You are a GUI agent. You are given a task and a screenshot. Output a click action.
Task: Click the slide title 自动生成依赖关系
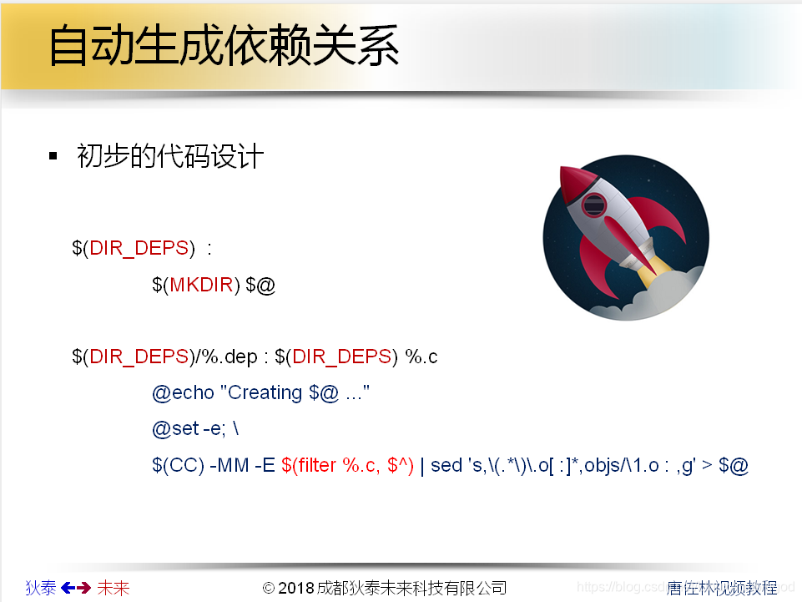tap(224, 47)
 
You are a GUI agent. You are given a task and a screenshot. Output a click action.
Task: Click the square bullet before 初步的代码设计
tap(53, 157)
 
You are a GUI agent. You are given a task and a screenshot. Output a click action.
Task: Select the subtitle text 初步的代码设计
tap(170, 157)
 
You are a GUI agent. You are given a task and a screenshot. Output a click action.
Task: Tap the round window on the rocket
tap(594, 204)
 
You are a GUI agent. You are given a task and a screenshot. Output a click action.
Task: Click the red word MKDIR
tap(201, 285)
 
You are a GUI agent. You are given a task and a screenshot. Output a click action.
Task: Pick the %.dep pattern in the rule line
tap(226, 357)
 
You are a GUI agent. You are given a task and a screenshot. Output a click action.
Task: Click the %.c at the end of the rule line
tap(421, 357)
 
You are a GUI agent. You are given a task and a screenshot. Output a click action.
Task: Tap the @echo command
tap(183, 392)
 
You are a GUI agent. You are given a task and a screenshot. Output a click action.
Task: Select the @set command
tap(175, 429)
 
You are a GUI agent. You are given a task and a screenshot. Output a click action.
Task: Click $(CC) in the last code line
tap(178, 465)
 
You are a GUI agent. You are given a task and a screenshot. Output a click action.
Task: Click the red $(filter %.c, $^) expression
tap(347, 465)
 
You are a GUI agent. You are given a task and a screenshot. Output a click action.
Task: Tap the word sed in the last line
tap(446, 465)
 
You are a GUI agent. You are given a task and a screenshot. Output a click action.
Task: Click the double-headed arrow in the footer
tap(76, 588)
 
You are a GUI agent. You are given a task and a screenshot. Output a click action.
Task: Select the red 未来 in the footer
tap(113, 588)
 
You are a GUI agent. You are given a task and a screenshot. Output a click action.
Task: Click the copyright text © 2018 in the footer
tap(288, 588)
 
